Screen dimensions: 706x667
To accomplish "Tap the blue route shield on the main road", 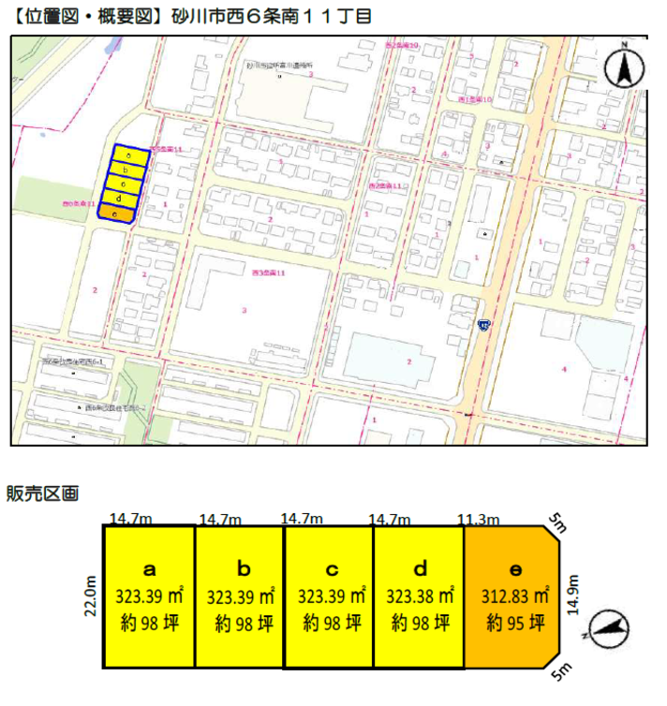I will tap(483, 325).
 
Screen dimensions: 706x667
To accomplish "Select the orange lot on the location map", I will tap(115, 214).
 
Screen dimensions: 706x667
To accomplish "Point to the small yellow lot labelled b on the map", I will tap(126, 169).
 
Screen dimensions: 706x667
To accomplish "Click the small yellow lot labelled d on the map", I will tap(119, 199).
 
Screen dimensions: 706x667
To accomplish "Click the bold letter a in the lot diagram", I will tap(149, 568).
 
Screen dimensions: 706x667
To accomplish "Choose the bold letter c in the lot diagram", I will tap(332, 568).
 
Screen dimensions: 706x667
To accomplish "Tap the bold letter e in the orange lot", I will tap(514, 568).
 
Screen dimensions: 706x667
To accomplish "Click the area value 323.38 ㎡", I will tap(421, 596).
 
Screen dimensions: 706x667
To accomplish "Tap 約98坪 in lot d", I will tap(421, 623).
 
